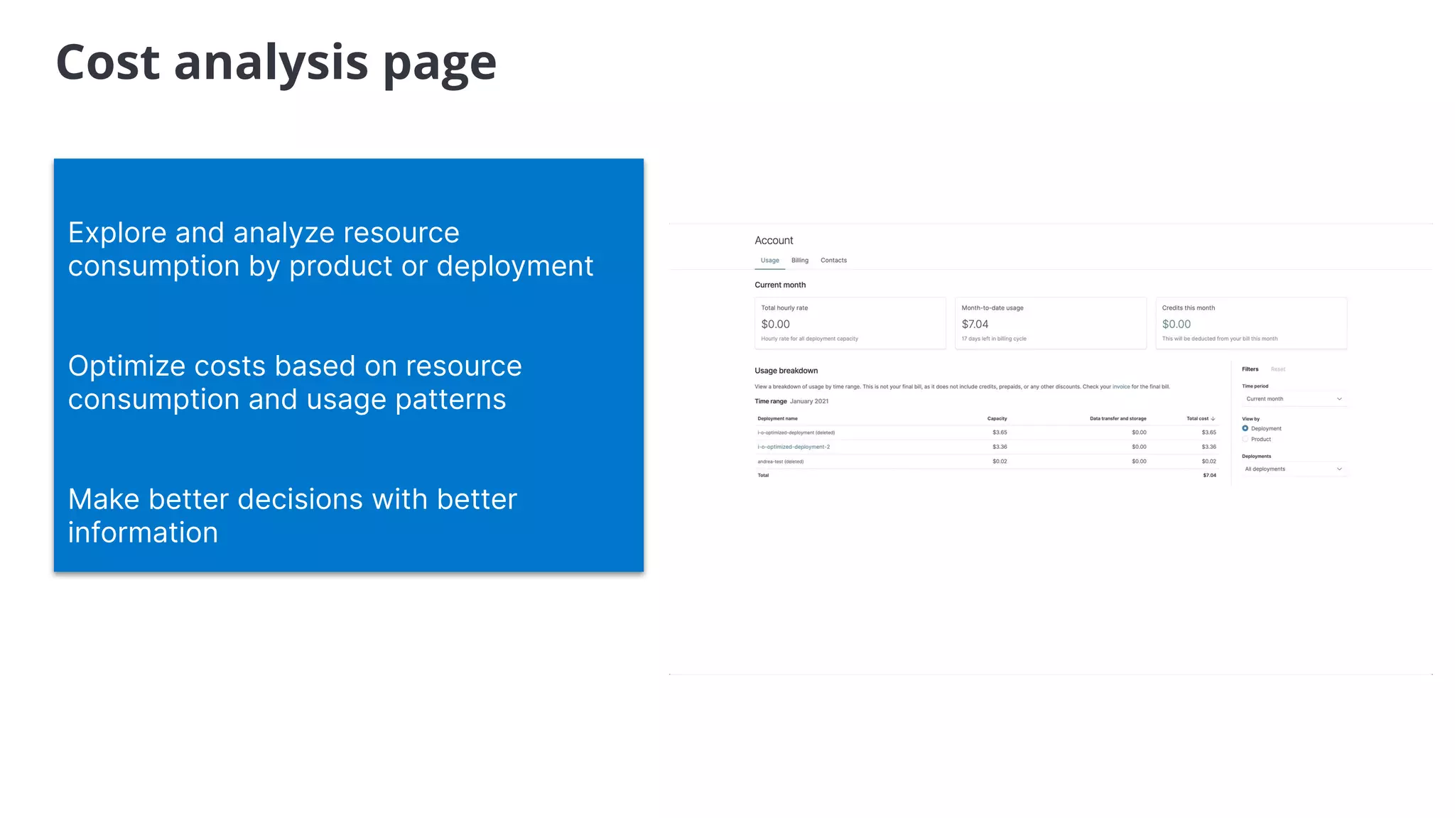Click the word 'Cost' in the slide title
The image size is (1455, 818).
(x=108, y=62)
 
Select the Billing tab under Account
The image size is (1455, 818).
(x=799, y=261)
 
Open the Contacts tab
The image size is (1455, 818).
(x=833, y=261)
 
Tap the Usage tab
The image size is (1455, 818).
(x=769, y=261)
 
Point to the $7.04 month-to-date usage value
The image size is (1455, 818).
(x=975, y=325)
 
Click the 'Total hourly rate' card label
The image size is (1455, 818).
(x=784, y=308)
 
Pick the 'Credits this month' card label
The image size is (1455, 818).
(x=1188, y=308)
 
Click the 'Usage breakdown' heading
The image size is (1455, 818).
(x=786, y=371)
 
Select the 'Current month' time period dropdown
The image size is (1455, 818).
(x=1293, y=399)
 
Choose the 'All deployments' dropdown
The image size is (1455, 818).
(x=1293, y=469)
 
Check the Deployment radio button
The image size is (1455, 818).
(x=1245, y=428)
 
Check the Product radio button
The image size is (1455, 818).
(x=1245, y=439)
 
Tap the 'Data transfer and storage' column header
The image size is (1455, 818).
(x=1118, y=419)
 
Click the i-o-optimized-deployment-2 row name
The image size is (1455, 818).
(x=794, y=447)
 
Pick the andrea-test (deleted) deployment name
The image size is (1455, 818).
(x=780, y=462)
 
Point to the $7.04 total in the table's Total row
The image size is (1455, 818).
(x=1209, y=476)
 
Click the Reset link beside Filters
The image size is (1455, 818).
(x=1277, y=369)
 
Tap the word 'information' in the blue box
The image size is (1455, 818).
(x=143, y=533)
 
